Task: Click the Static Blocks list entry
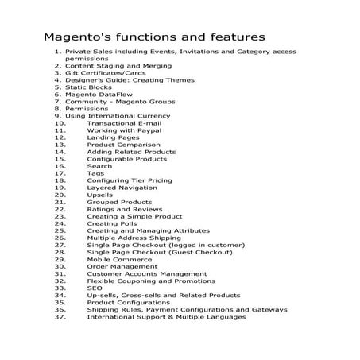pyautogui.click(x=88, y=87)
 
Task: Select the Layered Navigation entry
pyautogui.click(x=122, y=188)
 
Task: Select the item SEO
pyautogui.click(x=94, y=288)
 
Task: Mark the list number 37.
pyautogui.click(x=60, y=316)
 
